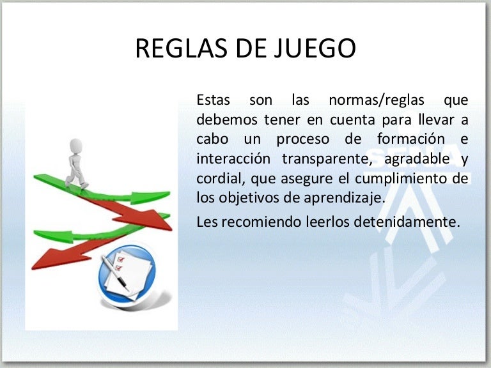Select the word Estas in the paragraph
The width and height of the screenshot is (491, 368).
[x=214, y=100]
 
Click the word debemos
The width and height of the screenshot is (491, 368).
[x=227, y=120]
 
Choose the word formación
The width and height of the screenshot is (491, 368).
[x=411, y=139]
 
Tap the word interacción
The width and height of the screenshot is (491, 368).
[x=233, y=158]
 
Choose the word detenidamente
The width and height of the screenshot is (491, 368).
[x=407, y=222]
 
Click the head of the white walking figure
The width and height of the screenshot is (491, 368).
[x=76, y=146]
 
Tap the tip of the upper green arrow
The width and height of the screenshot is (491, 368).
[x=169, y=193]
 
